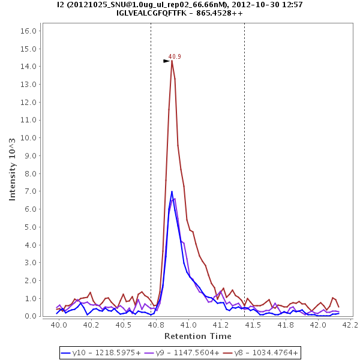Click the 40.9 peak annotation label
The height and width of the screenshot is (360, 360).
click(x=175, y=57)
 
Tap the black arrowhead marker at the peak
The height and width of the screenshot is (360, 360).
click(x=167, y=61)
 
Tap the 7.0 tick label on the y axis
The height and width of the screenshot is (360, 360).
click(x=31, y=191)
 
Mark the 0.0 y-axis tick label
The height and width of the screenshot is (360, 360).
click(x=31, y=316)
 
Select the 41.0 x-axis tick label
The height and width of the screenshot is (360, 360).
click(x=188, y=325)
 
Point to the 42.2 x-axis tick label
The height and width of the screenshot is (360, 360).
click(x=350, y=325)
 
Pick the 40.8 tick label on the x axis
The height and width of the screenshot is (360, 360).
click(x=156, y=325)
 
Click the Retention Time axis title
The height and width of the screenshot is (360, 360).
click(x=197, y=336)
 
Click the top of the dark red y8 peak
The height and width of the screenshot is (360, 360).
click(x=172, y=61)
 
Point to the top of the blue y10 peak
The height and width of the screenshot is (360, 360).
click(x=172, y=191)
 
